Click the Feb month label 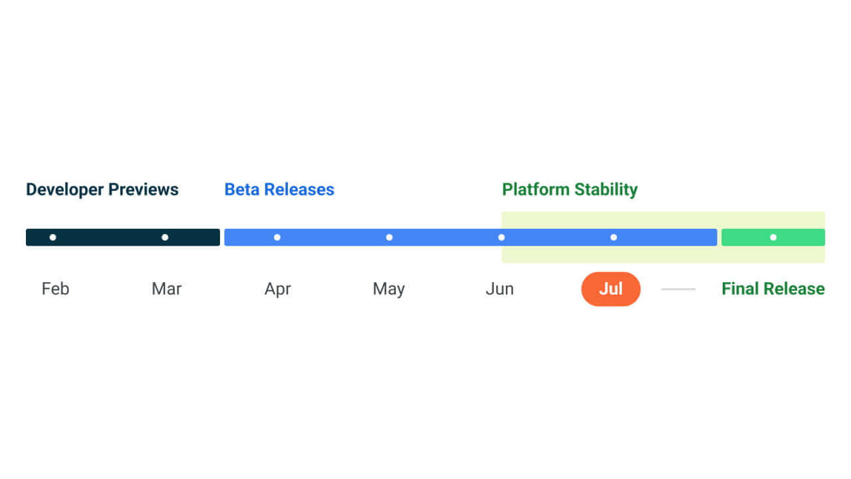[x=55, y=289]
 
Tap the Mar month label [x=166, y=289]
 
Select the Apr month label [x=278, y=289]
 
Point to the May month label [x=389, y=289]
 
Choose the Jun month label [x=500, y=289]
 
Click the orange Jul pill [x=611, y=289]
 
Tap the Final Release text [x=773, y=289]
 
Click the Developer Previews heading [x=102, y=190]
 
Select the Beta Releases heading [x=279, y=190]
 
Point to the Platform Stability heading [x=570, y=190]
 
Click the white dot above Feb [x=53, y=238]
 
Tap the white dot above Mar [x=165, y=238]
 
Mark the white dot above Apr [x=277, y=238]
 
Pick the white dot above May [x=390, y=238]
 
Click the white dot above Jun [x=501, y=238]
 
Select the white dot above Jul [x=614, y=238]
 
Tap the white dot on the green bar [x=773, y=238]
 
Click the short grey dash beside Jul [x=678, y=289]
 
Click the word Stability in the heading [x=606, y=190]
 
